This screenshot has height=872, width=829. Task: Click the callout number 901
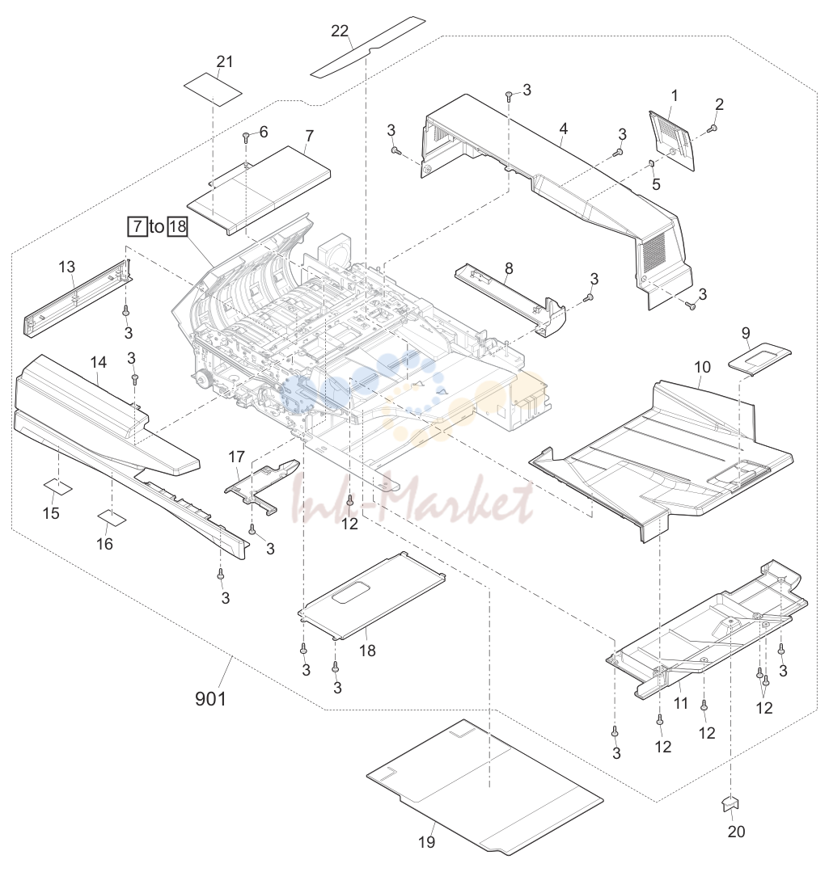[210, 698]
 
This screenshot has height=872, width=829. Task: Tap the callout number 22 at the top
[340, 32]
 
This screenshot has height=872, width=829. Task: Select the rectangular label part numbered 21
[213, 89]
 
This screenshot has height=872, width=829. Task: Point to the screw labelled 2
[712, 129]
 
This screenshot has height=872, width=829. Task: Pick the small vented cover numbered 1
[672, 140]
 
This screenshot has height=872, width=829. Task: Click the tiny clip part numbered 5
[652, 163]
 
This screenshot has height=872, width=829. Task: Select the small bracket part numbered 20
[729, 803]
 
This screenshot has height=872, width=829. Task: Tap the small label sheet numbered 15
[58, 486]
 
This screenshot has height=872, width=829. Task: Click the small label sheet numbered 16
[112, 518]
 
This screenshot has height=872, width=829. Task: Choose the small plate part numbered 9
[759, 359]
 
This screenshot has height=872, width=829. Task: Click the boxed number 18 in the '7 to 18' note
[177, 226]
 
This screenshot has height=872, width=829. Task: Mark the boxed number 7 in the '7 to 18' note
[137, 226]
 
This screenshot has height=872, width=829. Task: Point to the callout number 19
[427, 842]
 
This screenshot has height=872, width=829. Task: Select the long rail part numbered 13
[78, 297]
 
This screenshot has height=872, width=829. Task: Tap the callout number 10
[702, 367]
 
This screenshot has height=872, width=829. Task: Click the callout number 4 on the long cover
[564, 129]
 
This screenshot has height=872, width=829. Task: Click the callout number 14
[99, 363]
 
